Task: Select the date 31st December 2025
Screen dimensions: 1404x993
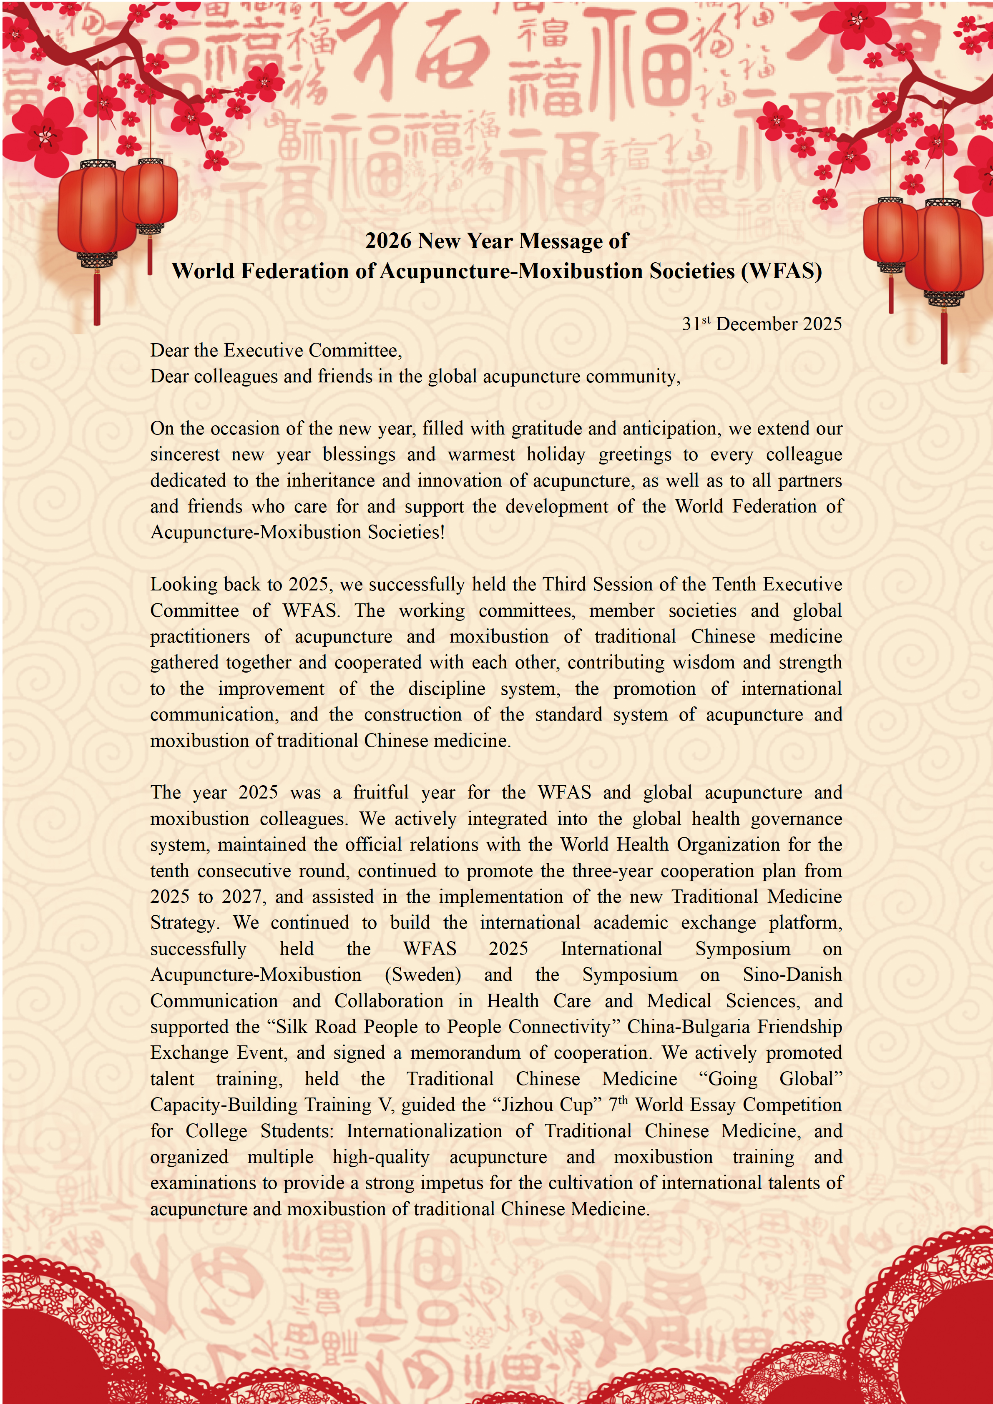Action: [761, 324]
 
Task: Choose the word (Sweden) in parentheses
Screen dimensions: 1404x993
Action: [422, 975]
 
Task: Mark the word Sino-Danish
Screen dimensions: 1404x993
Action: [792, 975]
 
